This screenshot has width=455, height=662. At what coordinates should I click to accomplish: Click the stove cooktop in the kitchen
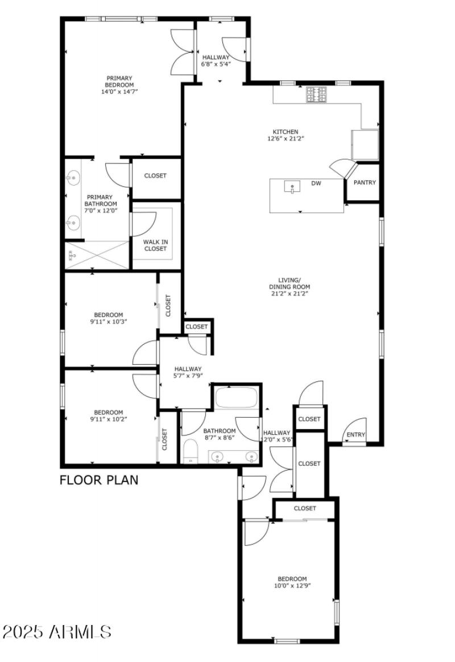[x=317, y=94]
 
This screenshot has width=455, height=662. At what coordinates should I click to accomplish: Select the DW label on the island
[x=316, y=183]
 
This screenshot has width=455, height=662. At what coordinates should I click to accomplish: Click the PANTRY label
[x=364, y=183]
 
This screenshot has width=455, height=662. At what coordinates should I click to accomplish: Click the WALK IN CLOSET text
[x=155, y=245]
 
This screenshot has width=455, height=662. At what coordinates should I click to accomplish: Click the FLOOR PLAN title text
[x=99, y=480]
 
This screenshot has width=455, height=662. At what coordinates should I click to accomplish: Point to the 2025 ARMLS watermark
[x=57, y=632]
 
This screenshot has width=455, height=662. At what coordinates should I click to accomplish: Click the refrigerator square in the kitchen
[x=365, y=145]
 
